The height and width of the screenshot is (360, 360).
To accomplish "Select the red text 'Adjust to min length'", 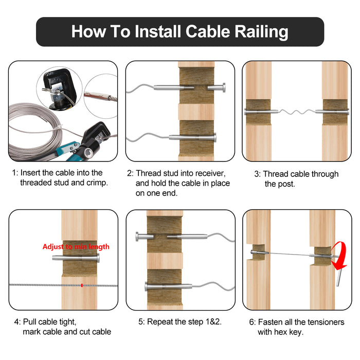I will pyautogui.click(x=76, y=247).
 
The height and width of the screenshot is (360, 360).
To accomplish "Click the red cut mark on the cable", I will pyautogui.click(x=81, y=284).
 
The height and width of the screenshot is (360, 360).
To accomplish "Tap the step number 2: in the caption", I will pyautogui.click(x=131, y=173).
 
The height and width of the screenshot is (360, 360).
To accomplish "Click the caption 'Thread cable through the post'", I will pyautogui.click(x=296, y=178).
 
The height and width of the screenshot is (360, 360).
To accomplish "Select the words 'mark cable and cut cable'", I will pyautogui.click(x=67, y=332).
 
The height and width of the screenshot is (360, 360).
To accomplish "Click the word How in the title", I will pyautogui.click(x=88, y=32).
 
